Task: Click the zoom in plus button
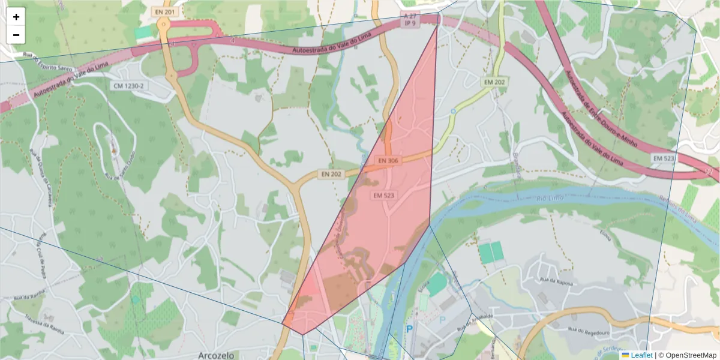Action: tap(16, 17)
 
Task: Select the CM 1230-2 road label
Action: tap(129, 86)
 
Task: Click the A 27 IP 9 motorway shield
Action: tap(410, 19)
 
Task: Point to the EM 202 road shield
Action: tap(495, 82)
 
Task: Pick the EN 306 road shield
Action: tap(388, 161)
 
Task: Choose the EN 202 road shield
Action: tap(331, 174)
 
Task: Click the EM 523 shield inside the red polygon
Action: tap(383, 196)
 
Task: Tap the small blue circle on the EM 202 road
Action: tap(454, 111)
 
